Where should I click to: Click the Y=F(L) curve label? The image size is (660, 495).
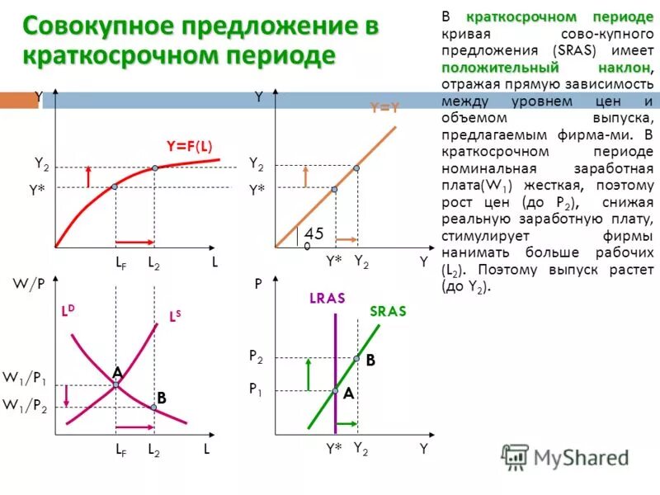point(189,146)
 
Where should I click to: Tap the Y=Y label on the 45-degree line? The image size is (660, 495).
point(384,107)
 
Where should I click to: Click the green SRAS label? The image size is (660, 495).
point(388,311)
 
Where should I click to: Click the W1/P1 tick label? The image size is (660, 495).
point(25,379)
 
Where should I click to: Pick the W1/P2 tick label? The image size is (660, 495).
point(25,405)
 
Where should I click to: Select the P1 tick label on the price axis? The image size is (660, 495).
point(257,388)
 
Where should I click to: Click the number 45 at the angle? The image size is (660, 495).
point(313,234)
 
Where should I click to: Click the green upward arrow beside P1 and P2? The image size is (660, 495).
point(307,374)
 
